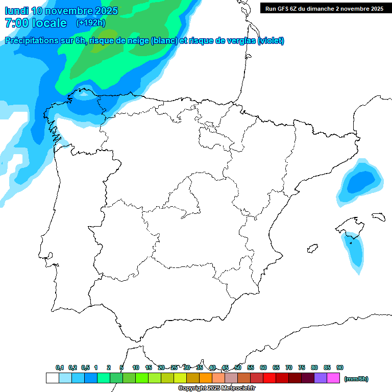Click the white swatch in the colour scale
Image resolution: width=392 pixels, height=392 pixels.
[52, 378]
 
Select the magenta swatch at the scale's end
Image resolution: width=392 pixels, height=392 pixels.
[333, 378]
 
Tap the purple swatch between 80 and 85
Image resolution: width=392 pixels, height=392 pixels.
[321, 378]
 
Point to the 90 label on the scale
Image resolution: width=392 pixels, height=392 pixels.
[340, 367]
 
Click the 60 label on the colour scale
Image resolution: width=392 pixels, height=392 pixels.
[263, 367]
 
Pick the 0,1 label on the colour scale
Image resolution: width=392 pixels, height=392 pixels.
[60, 367]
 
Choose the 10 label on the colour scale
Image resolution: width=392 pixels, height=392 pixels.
[136, 367]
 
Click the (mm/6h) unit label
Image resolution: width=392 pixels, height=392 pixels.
[356, 379]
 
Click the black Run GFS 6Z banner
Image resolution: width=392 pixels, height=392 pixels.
[324, 8]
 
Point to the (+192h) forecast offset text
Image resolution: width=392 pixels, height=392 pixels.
[90, 23]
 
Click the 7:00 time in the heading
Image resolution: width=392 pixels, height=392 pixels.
[15, 23]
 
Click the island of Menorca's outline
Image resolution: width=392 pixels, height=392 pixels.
[378, 216]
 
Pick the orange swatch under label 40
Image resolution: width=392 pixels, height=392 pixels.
[206, 378]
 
